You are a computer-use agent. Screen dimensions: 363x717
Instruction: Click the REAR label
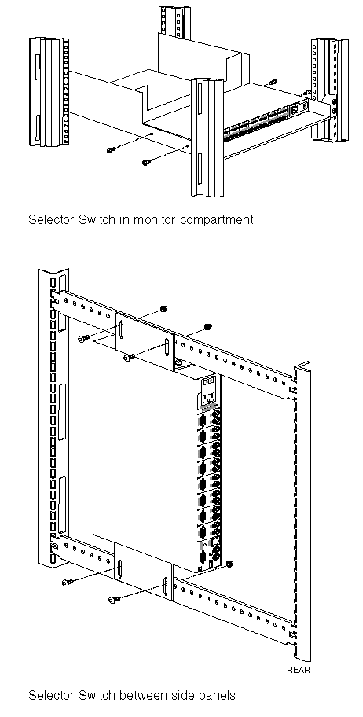click(298, 670)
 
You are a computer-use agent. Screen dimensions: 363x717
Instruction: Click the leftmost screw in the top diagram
click(110, 150)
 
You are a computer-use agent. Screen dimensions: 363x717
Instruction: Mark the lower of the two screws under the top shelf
click(146, 162)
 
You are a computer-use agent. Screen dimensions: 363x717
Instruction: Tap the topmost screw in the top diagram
click(273, 82)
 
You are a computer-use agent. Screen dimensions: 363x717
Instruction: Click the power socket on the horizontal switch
click(295, 108)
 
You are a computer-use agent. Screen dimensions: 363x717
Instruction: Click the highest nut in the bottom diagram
click(163, 309)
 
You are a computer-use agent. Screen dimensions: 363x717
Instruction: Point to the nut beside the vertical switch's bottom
click(229, 562)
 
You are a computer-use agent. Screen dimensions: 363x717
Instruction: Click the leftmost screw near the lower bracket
click(67, 582)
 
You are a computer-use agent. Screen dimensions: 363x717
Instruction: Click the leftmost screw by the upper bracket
click(82, 339)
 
